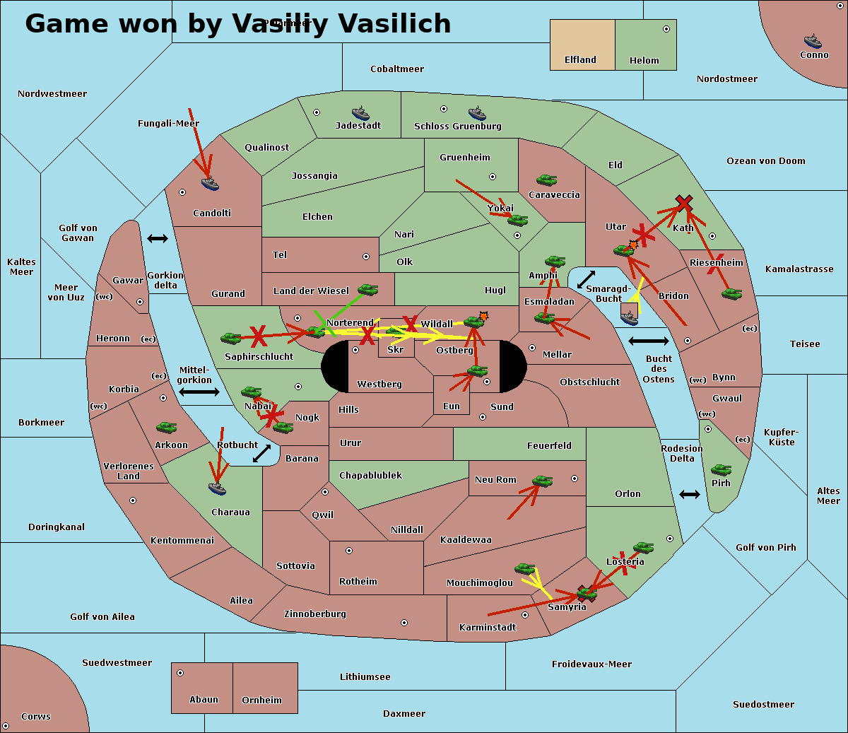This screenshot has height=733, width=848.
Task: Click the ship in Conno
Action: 813,40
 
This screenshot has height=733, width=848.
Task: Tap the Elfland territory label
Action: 580,60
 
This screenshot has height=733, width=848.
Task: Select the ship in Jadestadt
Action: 360,113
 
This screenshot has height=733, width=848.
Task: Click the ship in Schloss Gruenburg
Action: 477,113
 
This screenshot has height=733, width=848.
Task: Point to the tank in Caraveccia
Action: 546,180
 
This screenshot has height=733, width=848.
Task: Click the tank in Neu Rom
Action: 542,481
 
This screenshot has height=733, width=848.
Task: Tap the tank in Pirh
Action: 721,470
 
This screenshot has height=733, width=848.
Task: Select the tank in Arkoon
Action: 166,428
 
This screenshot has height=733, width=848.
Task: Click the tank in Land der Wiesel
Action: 367,289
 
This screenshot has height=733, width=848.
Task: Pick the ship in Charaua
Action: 218,488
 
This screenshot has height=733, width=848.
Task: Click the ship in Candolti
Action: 210,184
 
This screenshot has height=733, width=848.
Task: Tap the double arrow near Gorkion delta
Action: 158,239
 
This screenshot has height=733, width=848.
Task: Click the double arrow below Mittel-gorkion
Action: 199,392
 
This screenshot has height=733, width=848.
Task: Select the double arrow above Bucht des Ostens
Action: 648,341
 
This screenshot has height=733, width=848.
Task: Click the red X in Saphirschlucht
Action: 259,336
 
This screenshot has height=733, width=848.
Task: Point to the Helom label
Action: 644,61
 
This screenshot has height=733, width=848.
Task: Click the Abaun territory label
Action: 204,700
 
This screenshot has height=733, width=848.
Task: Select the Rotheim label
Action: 358,582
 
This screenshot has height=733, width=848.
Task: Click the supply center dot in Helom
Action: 666,29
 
